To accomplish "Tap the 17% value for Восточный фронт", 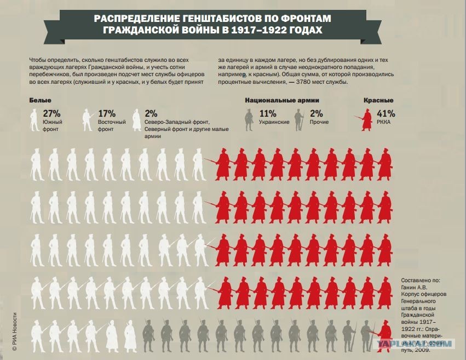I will pyautogui.click(x=107, y=113).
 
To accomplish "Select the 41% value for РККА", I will pyautogui.click(x=387, y=113).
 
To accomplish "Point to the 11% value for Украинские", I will pyautogui.click(x=268, y=113).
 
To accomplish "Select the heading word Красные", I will pyautogui.click(x=378, y=101).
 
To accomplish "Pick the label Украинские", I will pyautogui.click(x=274, y=122).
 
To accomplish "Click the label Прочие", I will pyautogui.click(x=319, y=122).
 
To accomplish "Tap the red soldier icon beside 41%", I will pyautogui.click(x=364, y=118).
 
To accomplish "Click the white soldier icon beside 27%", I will pyautogui.click(x=34, y=119).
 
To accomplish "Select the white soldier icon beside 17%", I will pyautogui.click(x=87, y=119).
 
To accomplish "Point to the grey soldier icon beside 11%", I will pyautogui.click(x=248, y=119).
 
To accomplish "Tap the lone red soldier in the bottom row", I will pyautogui.click(x=386, y=334).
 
